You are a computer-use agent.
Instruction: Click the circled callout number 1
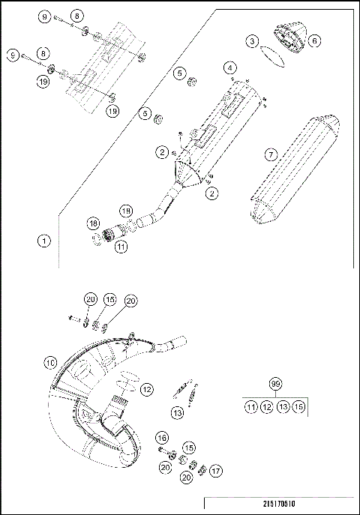(44, 241)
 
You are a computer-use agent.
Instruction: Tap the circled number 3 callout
(254, 40)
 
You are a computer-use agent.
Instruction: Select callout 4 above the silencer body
(230, 68)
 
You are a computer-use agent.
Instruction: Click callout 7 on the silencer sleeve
(271, 155)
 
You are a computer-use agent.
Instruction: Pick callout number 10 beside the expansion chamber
(50, 362)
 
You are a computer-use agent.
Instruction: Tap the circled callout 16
(162, 437)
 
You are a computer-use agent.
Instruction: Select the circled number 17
(216, 471)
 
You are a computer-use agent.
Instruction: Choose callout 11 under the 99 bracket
(251, 407)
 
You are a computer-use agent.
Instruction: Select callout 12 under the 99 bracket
(267, 407)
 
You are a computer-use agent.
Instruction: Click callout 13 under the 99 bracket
(283, 407)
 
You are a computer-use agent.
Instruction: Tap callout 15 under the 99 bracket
(299, 407)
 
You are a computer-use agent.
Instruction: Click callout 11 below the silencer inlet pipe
(121, 246)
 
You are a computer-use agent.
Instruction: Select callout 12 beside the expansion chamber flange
(146, 389)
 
